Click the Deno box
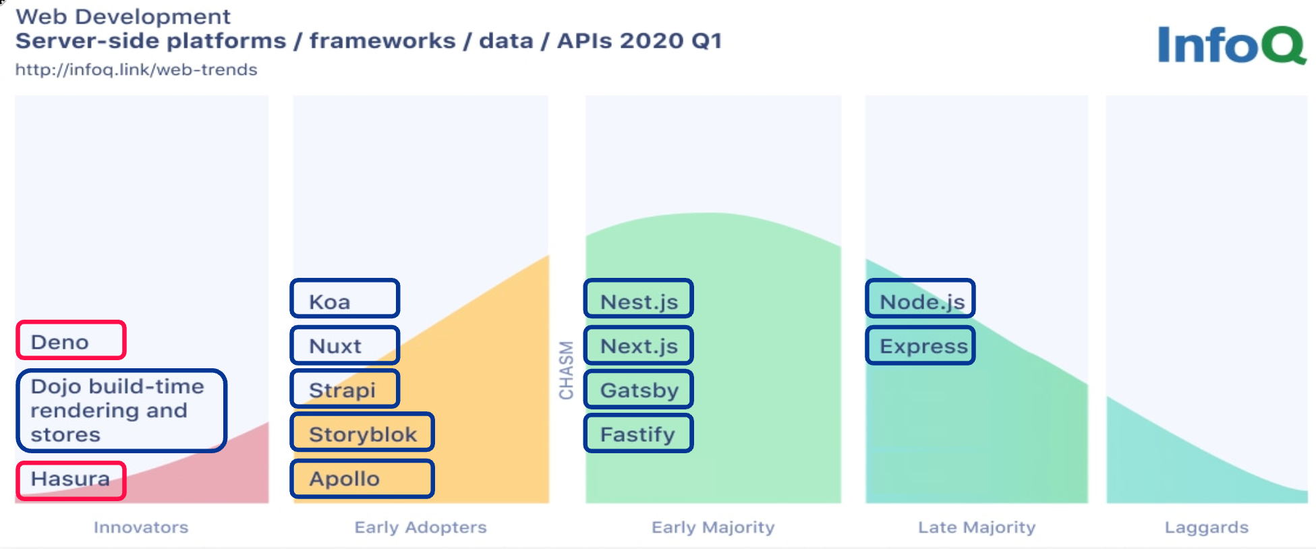(x=71, y=340)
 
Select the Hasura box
(x=71, y=481)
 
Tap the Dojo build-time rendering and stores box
(x=121, y=411)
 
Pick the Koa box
(x=345, y=298)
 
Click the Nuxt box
(x=345, y=345)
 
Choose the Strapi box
(x=345, y=389)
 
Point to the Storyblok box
(x=362, y=432)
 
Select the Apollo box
(x=362, y=479)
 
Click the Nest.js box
(x=638, y=298)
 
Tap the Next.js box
(x=638, y=345)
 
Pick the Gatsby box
(x=638, y=389)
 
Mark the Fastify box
(x=638, y=433)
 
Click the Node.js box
(x=920, y=298)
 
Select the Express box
(x=920, y=345)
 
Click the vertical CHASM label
(x=566, y=370)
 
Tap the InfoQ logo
(x=1232, y=45)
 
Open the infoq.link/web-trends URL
(x=136, y=69)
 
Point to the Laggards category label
(x=1207, y=527)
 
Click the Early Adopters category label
(x=421, y=527)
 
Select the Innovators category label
(x=141, y=527)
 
